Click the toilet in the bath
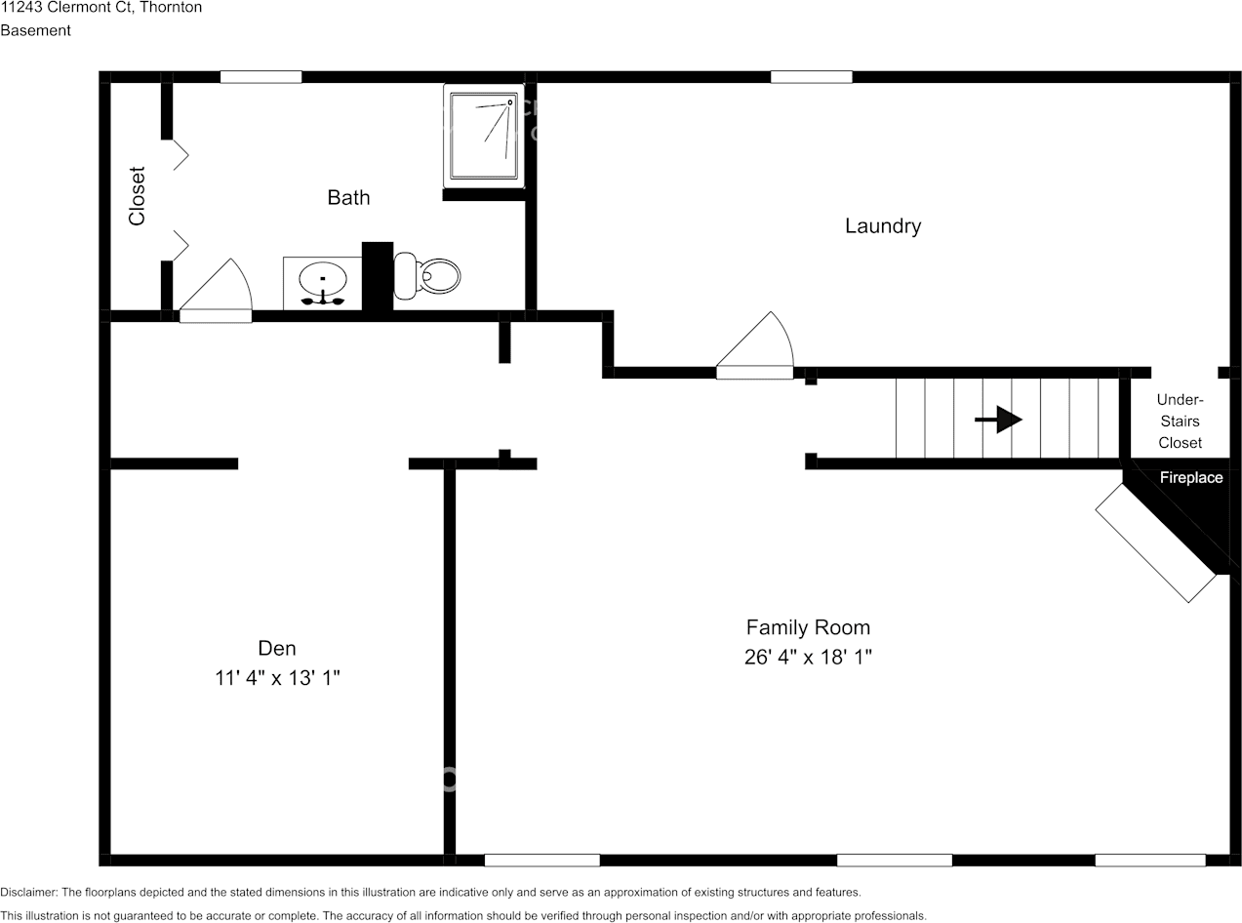[x=426, y=275]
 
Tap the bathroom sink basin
[x=323, y=278]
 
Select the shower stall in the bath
[x=484, y=136]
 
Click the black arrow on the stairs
[x=998, y=420]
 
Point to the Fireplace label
[x=1191, y=478]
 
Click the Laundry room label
[x=883, y=225]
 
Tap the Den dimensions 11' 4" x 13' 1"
[x=277, y=678]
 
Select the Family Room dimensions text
[x=808, y=657]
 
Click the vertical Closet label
[x=137, y=196]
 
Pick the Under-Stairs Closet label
[x=1180, y=421]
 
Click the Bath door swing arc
[x=243, y=283]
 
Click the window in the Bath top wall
[x=260, y=77]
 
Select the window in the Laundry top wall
[x=812, y=77]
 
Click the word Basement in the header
[x=35, y=30]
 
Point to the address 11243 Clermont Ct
[x=65, y=7]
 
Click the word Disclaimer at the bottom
[x=28, y=892]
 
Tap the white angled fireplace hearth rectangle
[x=1156, y=542]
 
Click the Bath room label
[x=348, y=197]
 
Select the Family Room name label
[x=808, y=627]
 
